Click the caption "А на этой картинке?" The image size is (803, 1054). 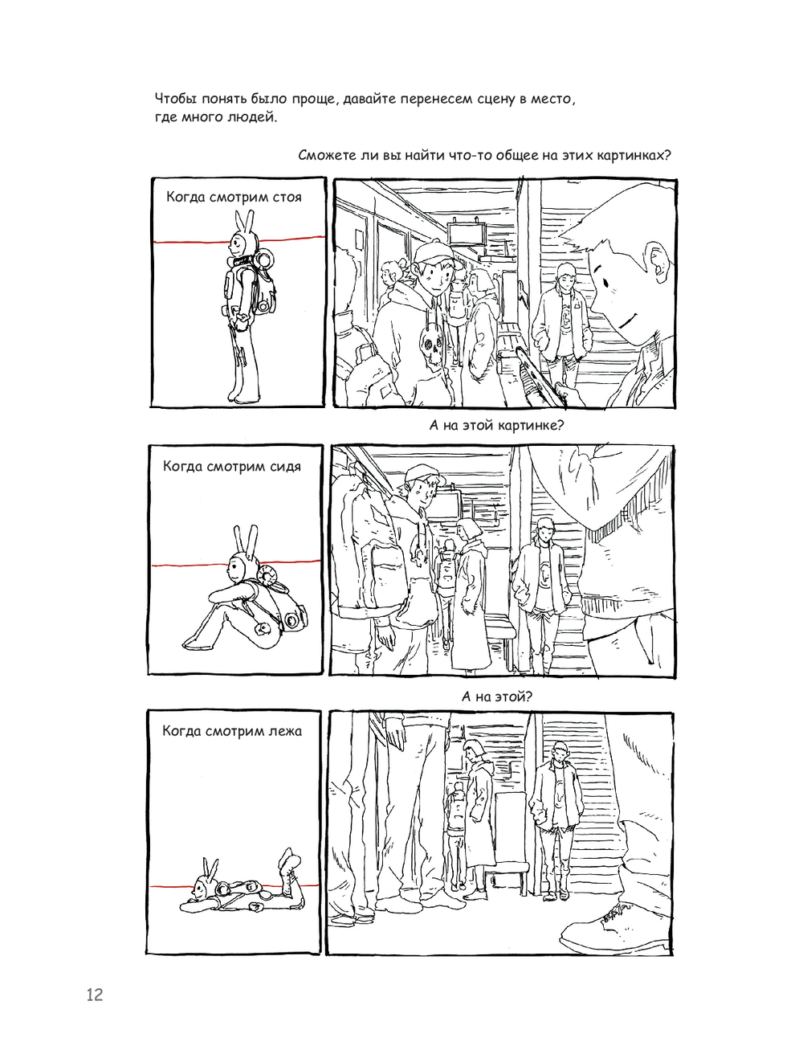point(495,426)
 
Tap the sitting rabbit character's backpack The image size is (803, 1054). point(279,601)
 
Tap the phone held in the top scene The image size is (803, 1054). point(539,372)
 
